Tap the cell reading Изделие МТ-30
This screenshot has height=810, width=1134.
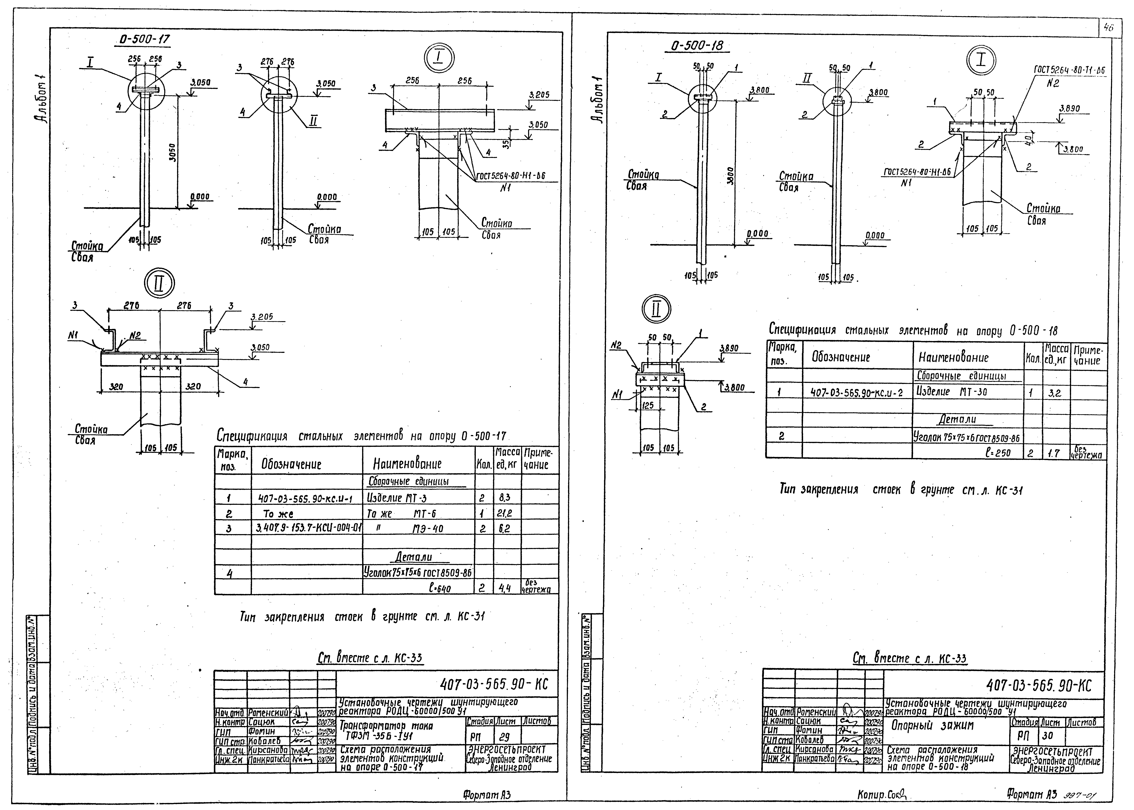[951, 392]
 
